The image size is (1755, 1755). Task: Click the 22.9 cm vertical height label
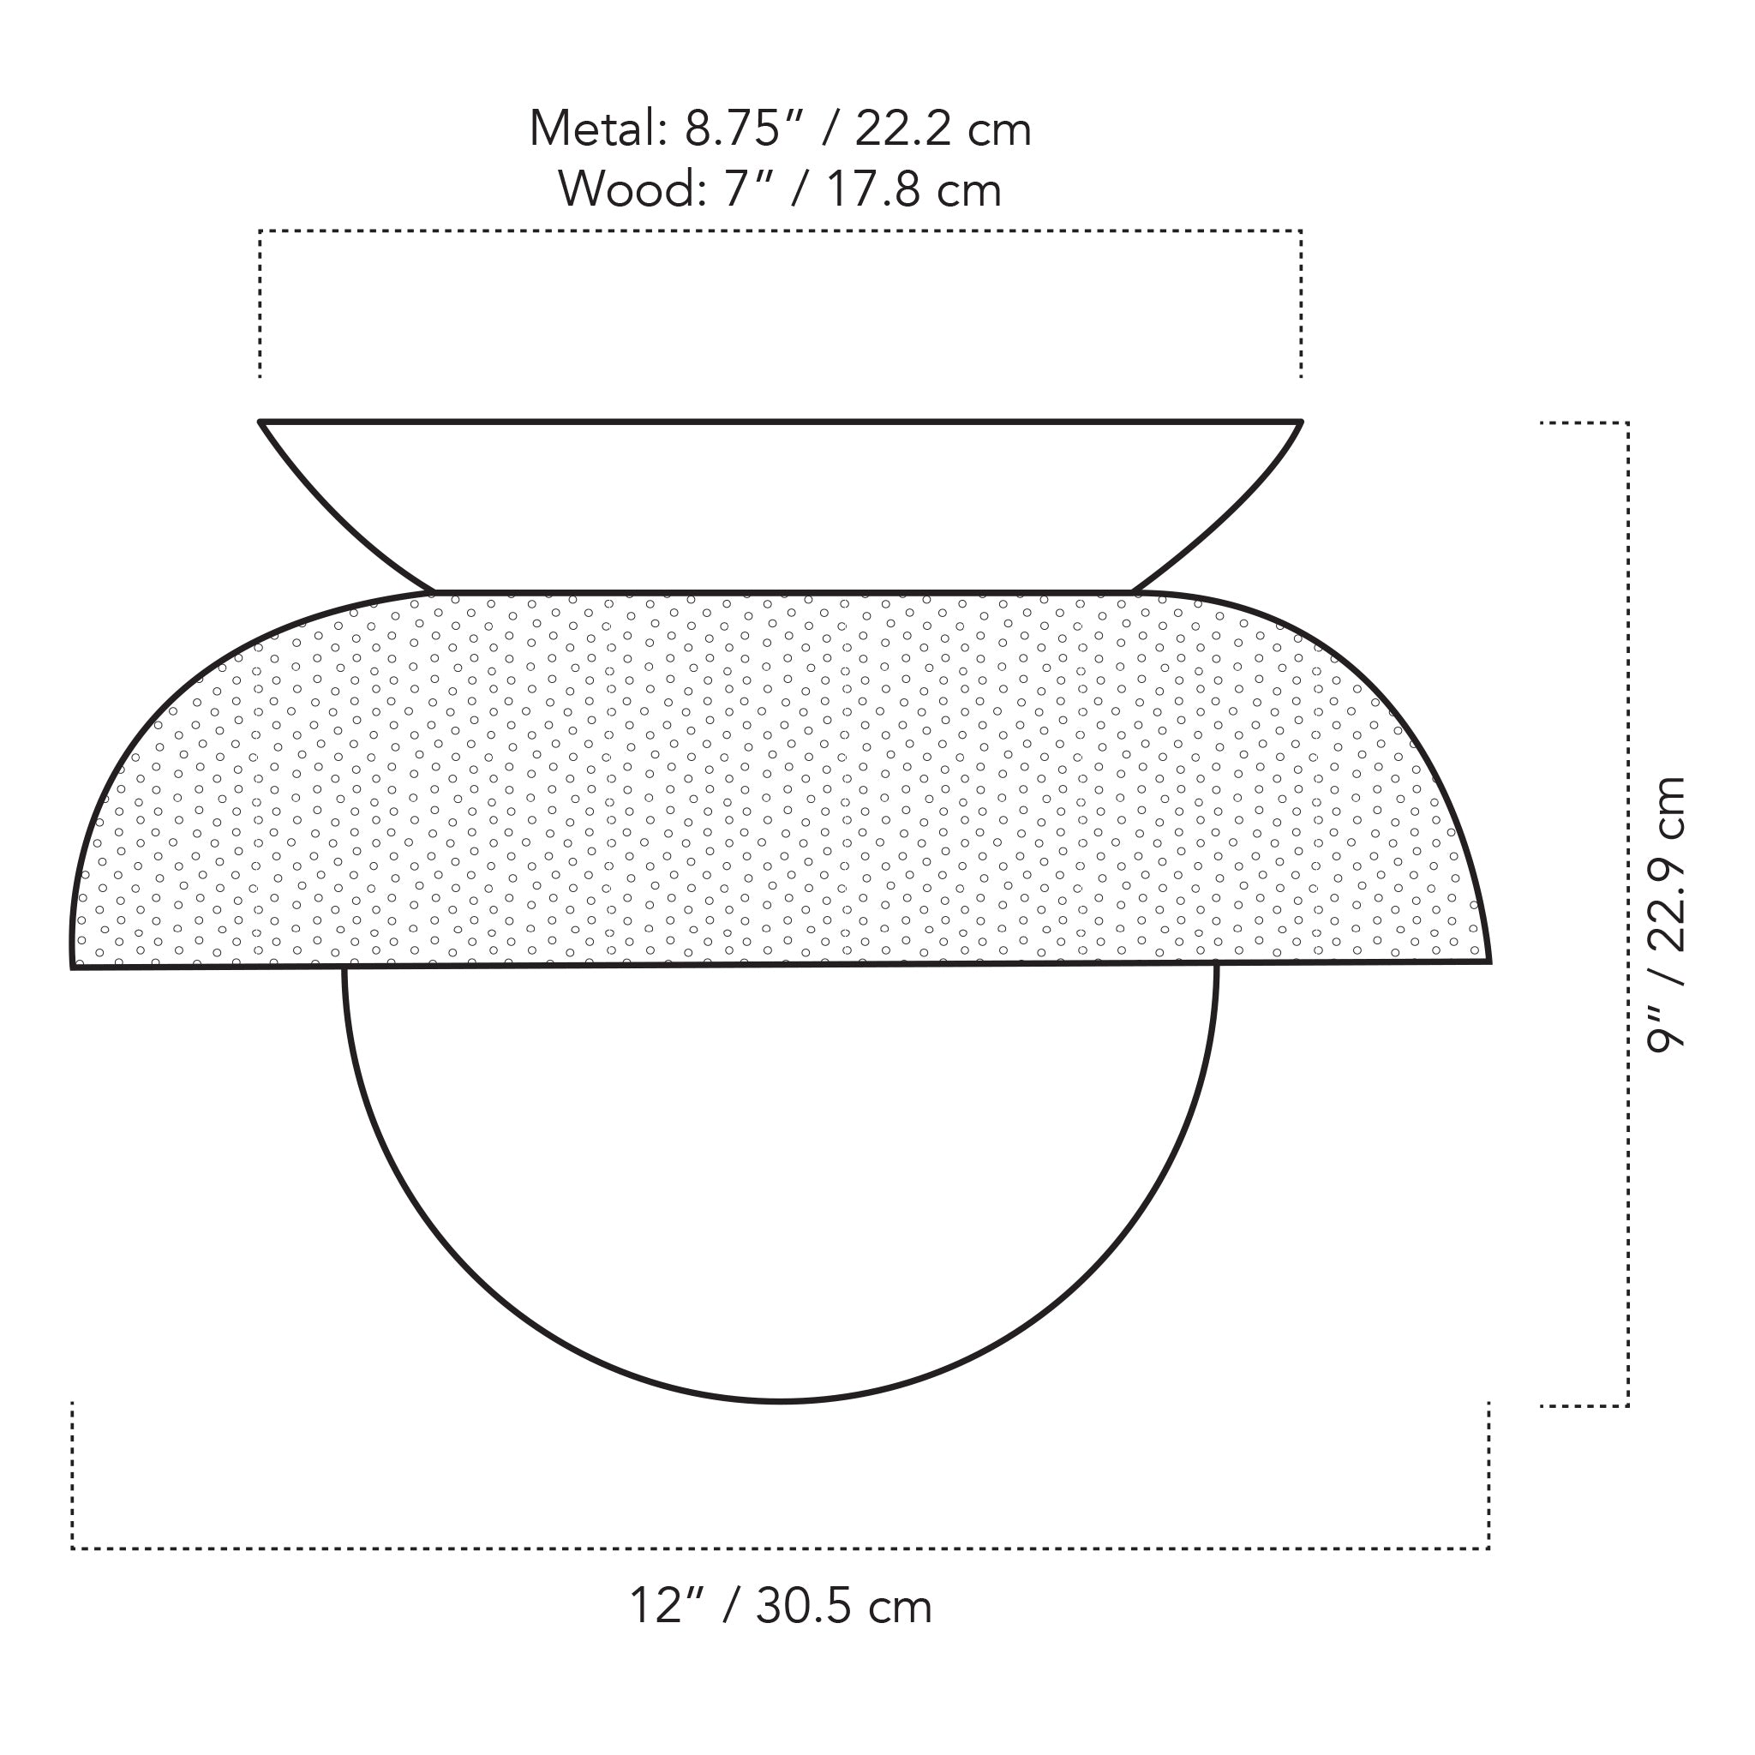click(1666, 864)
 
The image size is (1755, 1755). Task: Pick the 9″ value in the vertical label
click(1666, 1030)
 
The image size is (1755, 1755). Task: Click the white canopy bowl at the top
click(782, 500)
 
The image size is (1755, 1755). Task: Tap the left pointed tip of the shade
click(74, 967)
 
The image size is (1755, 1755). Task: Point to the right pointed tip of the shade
click(1488, 960)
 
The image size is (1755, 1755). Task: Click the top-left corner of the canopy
click(261, 422)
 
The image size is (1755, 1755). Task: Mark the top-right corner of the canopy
click(1301, 422)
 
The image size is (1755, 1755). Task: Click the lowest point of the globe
click(782, 1402)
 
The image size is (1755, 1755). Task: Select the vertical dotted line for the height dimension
click(1628, 908)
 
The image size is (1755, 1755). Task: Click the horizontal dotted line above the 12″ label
click(782, 1548)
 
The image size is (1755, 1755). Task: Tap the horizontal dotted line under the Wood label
click(782, 231)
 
